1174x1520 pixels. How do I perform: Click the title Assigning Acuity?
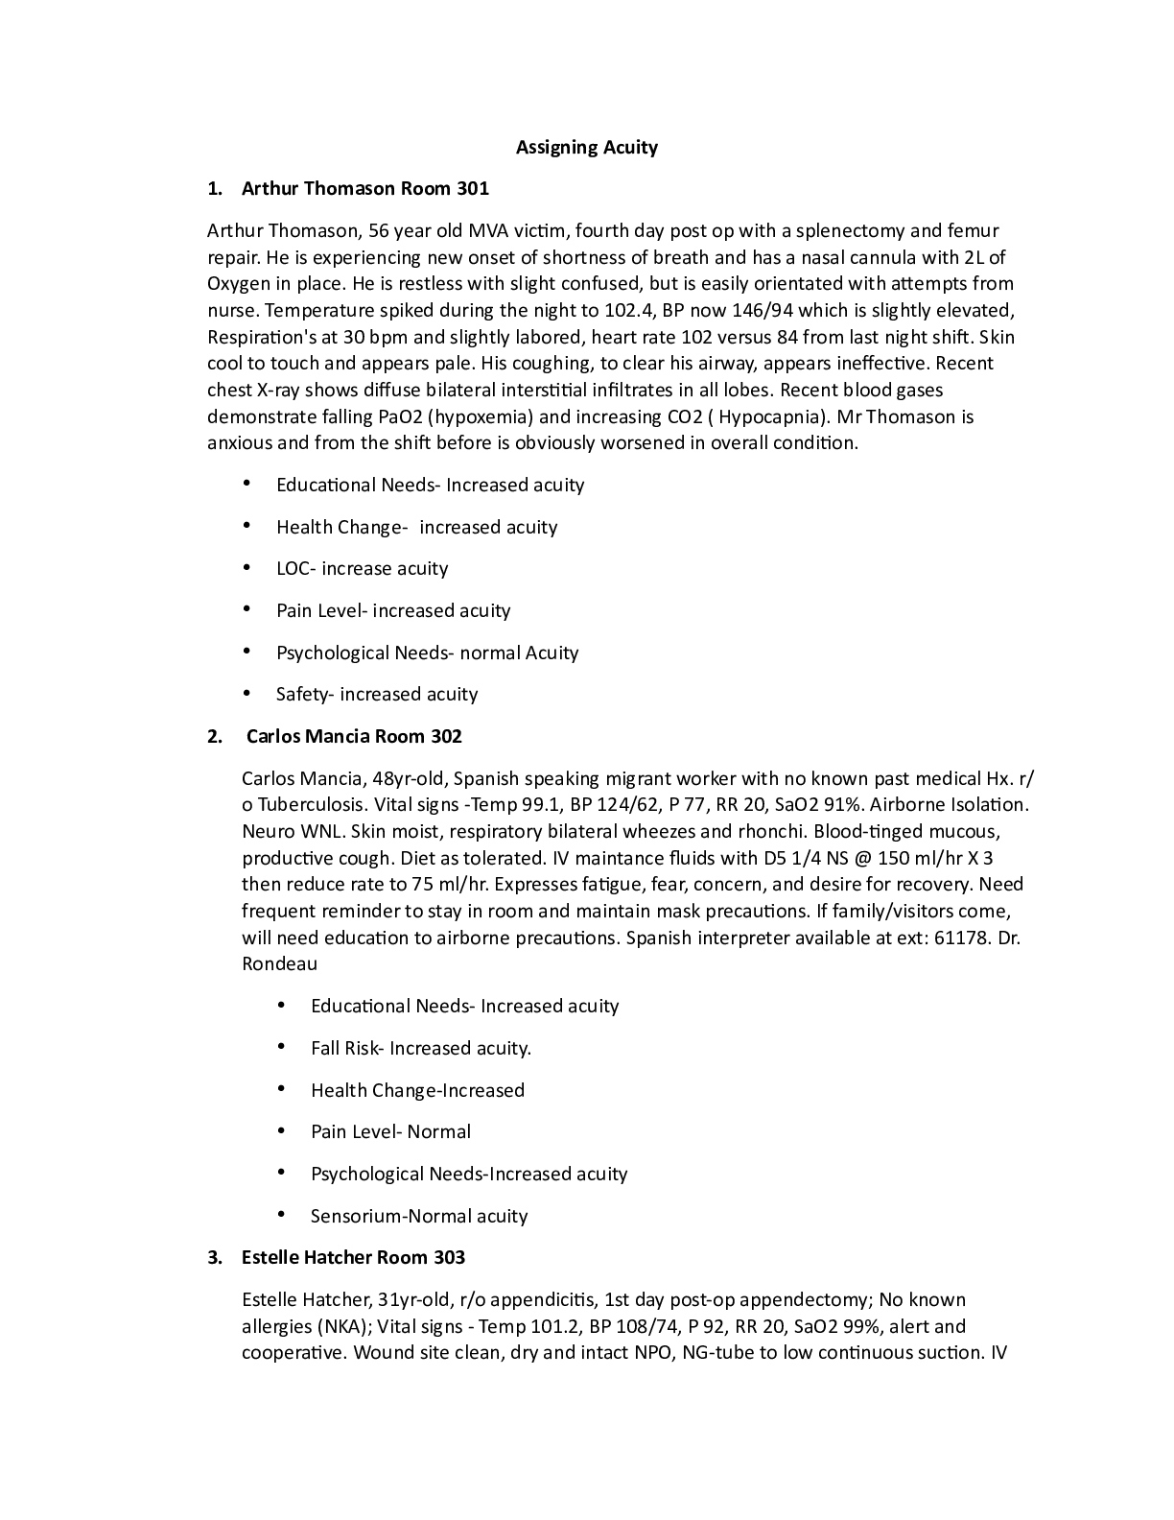(x=586, y=147)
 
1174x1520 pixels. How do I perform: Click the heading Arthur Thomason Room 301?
(x=364, y=188)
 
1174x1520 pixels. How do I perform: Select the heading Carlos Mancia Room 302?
(x=354, y=736)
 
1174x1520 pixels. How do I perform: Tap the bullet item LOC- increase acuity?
(x=362, y=568)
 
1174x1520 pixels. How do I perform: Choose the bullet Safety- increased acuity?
(x=376, y=694)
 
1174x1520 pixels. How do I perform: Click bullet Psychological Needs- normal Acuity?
(x=427, y=653)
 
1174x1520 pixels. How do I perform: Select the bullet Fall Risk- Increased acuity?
(x=420, y=1048)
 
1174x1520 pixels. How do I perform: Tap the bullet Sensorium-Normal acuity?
(x=418, y=1216)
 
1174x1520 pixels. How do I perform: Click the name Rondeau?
(x=279, y=963)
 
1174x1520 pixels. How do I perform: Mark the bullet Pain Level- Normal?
(x=390, y=1131)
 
